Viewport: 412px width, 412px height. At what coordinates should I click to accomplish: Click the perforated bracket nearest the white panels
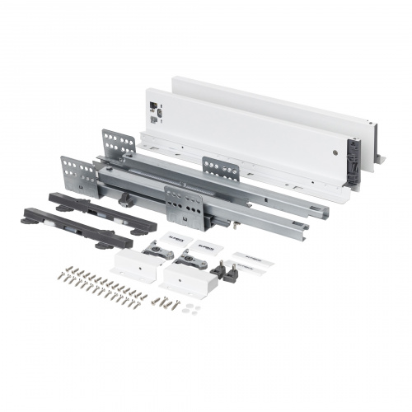[119, 143]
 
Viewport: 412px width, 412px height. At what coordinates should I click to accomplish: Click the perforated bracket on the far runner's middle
[222, 169]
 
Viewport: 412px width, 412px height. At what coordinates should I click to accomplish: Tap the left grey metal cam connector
[157, 250]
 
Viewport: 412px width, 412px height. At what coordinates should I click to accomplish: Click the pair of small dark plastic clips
[226, 270]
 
